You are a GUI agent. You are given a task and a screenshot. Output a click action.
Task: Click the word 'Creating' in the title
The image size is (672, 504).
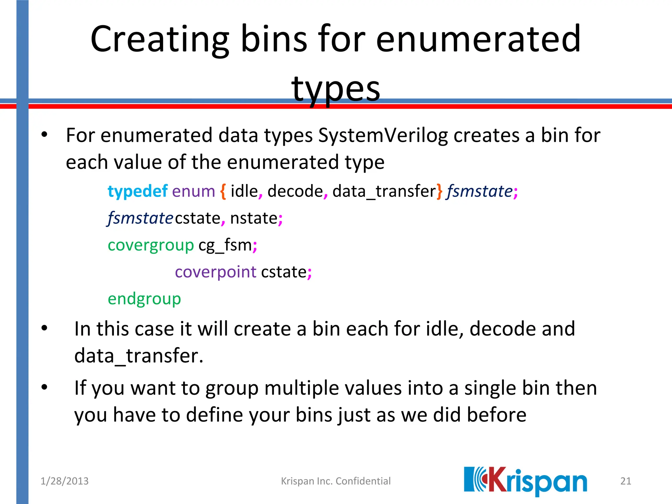click(160, 39)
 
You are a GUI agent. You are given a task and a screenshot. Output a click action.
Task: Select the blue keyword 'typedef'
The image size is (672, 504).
click(137, 191)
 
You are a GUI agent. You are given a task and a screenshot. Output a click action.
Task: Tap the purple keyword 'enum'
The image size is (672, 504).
click(193, 191)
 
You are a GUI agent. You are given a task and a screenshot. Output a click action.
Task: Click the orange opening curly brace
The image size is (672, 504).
click(223, 191)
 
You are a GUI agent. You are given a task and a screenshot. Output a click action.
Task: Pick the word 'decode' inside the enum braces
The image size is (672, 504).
click(295, 191)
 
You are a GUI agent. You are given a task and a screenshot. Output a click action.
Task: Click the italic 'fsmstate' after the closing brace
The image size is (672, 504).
click(479, 191)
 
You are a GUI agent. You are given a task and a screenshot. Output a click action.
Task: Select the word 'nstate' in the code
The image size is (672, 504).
click(254, 218)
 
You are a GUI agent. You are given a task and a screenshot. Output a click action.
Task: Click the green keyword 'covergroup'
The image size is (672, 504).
click(151, 245)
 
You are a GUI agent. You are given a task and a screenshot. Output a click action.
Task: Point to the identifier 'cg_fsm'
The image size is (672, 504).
click(225, 245)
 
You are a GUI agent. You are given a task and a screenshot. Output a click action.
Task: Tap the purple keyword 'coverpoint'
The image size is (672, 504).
click(215, 272)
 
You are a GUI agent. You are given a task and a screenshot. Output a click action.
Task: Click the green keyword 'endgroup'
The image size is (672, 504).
click(144, 299)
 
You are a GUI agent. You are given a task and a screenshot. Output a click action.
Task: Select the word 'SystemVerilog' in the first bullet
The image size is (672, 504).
click(383, 135)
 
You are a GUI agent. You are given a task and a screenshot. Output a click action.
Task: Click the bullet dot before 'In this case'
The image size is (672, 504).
click(45, 328)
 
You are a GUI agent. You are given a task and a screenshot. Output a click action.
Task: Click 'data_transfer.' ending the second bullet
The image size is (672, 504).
click(139, 356)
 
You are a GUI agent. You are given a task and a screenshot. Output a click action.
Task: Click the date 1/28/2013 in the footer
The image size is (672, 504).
click(64, 481)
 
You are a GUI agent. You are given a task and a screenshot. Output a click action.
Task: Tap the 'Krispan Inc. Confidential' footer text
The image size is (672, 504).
click(336, 481)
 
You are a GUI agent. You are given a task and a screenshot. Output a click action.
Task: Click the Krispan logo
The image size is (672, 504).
click(525, 481)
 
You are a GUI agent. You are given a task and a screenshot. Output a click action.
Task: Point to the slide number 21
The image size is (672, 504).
click(626, 481)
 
